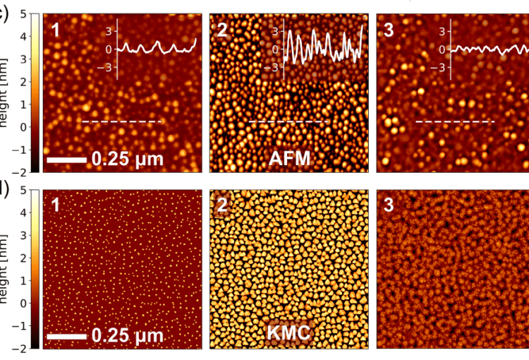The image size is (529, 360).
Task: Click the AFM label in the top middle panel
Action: [289, 159]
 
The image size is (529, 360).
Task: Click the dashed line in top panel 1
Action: [122, 122]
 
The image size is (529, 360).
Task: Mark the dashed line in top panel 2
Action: [289, 122]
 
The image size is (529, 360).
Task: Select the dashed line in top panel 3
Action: [455, 122]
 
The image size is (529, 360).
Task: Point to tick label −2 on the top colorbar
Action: [21, 172]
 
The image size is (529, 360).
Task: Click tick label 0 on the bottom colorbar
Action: [23, 303]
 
